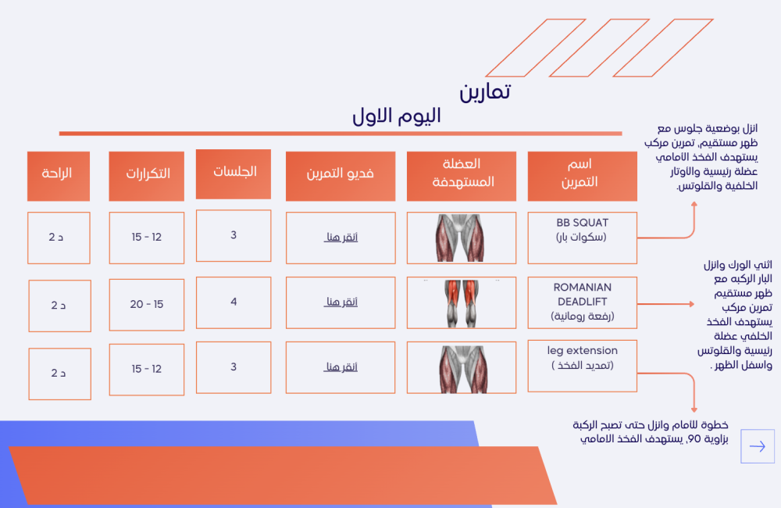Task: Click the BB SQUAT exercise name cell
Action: (x=582, y=238)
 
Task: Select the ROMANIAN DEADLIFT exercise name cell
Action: (x=582, y=302)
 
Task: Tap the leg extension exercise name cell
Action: (x=582, y=366)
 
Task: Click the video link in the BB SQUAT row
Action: (x=341, y=238)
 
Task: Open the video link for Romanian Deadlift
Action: (x=341, y=302)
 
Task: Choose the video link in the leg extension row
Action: (x=341, y=367)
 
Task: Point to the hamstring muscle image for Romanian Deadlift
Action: (x=462, y=303)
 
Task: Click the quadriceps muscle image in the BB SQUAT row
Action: (x=462, y=238)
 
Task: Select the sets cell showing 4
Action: (x=234, y=302)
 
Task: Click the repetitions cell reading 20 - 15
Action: (x=147, y=305)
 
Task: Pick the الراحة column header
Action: (x=59, y=176)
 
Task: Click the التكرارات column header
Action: (x=147, y=176)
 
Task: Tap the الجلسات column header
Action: (x=234, y=174)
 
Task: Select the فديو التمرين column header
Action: (x=341, y=176)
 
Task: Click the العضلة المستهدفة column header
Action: (x=462, y=176)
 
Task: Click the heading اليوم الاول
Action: (x=397, y=116)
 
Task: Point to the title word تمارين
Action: (x=485, y=91)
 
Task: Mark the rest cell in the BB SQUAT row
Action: (x=59, y=238)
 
